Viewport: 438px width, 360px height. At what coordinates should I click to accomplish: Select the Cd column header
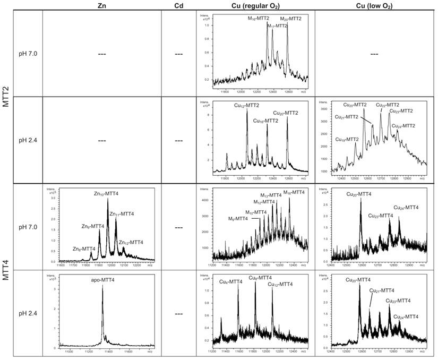(178, 5)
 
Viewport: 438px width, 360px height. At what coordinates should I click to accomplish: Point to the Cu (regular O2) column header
(253, 5)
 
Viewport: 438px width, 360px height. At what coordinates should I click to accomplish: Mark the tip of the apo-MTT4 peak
(102, 286)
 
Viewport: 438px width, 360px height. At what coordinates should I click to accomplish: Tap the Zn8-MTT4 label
(84, 248)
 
